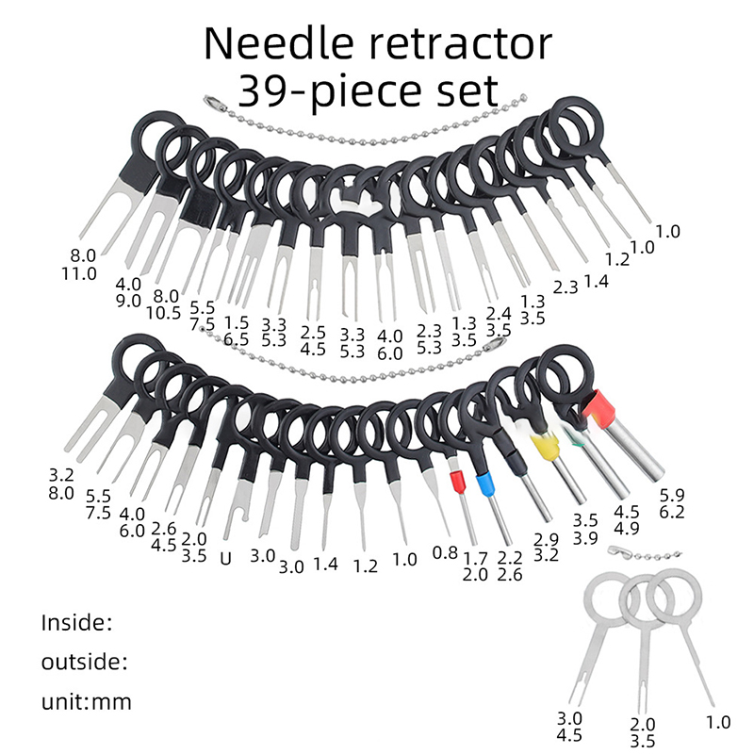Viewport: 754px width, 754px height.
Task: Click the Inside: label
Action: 77,623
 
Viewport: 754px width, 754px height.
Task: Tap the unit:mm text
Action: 87,701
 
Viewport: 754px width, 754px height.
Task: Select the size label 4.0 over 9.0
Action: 127,292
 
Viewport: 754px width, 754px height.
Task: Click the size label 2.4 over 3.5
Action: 498,320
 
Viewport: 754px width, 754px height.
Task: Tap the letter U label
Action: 225,558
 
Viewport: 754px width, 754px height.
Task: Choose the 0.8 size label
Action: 444,551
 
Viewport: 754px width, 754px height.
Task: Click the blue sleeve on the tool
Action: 486,485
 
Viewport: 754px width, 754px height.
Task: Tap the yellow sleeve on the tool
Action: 542,446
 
